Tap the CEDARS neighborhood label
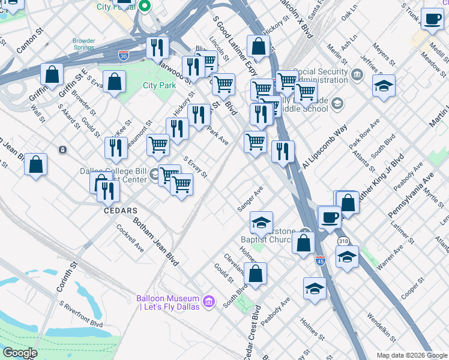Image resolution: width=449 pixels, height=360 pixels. [x=120, y=211]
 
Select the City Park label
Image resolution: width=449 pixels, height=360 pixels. [x=159, y=85]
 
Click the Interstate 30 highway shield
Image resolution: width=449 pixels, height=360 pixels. [x=124, y=55]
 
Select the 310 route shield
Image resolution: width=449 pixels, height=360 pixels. [x=343, y=241]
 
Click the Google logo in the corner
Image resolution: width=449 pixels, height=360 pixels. [x=20, y=353]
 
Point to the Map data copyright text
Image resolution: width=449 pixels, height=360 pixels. [x=411, y=355]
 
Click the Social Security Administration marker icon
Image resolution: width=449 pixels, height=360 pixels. [x=358, y=75]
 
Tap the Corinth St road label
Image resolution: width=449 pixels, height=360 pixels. [x=74, y=272]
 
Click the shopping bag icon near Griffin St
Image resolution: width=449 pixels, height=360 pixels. [x=52, y=75]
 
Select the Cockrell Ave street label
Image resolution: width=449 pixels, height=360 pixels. [x=130, y=238]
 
